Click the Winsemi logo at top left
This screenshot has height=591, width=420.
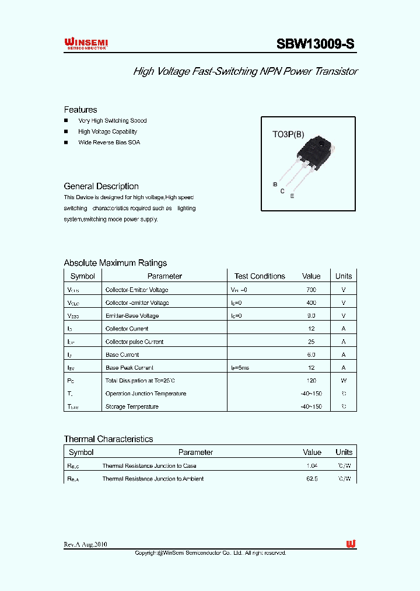tap(86, 44)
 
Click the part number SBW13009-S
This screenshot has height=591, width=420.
tap(315, 44)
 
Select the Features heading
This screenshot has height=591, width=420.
tap(80, 110)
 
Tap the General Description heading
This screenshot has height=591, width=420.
tap(101, 186)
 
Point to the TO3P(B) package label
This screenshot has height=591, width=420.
tap(288, 134)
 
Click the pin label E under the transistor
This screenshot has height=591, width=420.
tap(292, 197)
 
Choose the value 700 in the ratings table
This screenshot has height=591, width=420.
tap(311, 290)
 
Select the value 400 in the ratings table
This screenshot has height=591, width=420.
tap(311, 303)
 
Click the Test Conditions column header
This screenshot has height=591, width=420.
tap(260, 276)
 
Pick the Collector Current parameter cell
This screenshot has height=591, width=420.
tap(127, 329)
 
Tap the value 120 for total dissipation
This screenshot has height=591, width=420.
tap(311, 380)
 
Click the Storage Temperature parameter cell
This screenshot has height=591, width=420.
tap(132, 406)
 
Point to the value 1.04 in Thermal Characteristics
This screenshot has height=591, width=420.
tap(312, 466)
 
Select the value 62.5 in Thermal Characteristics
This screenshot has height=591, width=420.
tap(312, 479)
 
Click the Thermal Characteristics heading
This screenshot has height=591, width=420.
tap(108, 439)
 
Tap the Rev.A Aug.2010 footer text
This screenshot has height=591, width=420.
tap(85, 544)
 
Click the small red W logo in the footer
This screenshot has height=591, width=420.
tap(351, 544)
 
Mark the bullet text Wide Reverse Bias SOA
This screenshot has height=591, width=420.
tap(109, 142)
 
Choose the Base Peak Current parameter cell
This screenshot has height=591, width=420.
tap(129, 368)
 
